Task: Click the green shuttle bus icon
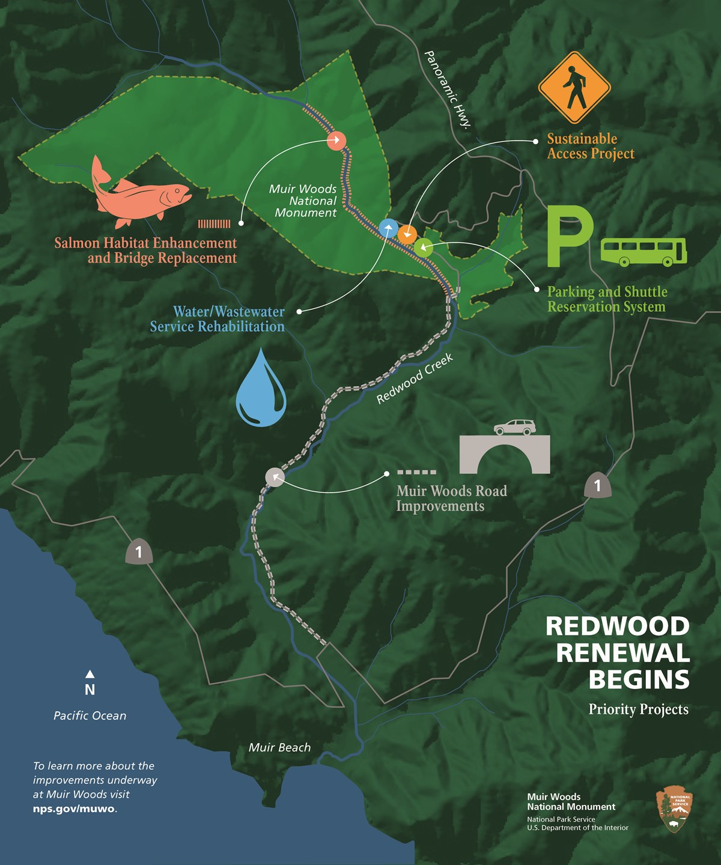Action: click(643, 252)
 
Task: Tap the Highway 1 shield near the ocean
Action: click(139, 551)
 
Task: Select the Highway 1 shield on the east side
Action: click(597, 485)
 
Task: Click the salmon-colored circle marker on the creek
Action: click(336, 141)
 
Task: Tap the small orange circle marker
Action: click(407, 233)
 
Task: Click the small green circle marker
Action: click(423, 246)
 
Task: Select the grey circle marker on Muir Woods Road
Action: click(275, 476)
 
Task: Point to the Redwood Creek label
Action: click(415, 379)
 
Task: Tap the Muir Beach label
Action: click(279, 747)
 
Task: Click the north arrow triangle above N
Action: click(90, 674)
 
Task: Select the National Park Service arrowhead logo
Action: click(674, 811)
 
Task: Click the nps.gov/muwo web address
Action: click(74, 808)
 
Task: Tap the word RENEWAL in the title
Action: click(622, 653)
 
